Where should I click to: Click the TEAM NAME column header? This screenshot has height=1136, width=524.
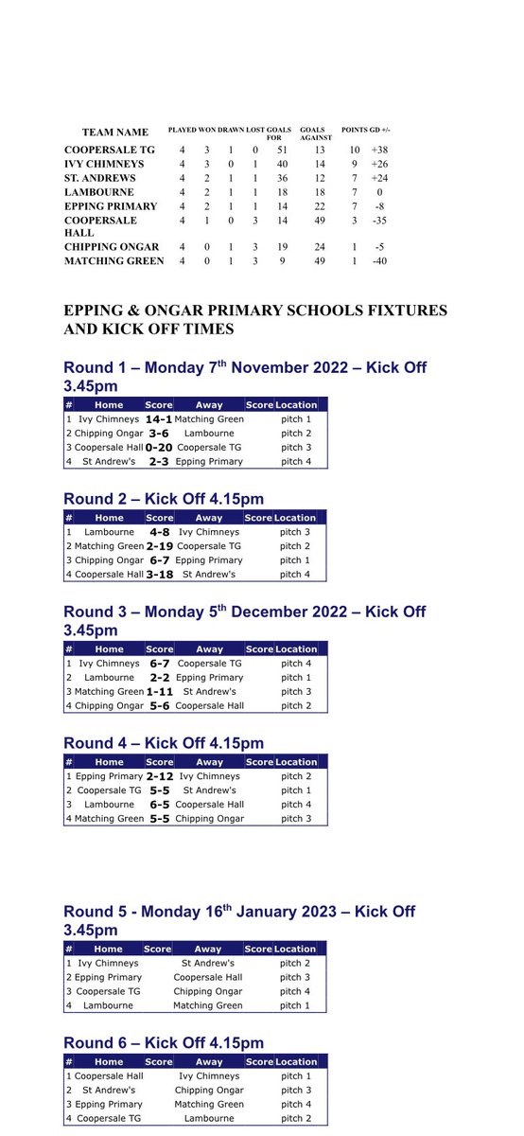115,133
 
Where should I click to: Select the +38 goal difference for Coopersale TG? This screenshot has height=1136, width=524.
380,151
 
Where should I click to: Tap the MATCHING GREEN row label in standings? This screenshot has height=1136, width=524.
114,261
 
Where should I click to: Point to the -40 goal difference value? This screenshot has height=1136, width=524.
380,261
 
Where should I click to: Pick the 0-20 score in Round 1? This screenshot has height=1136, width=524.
159,447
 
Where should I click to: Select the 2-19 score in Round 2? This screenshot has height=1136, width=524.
159,546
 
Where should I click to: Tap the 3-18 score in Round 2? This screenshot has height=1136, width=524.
159,574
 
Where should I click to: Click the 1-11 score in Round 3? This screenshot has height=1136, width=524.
159,691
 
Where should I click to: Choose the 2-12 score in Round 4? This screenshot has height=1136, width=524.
159,776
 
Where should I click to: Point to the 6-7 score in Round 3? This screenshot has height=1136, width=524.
159,664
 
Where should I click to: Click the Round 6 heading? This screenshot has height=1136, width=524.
164,1043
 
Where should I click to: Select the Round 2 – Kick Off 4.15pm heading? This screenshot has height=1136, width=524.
164,499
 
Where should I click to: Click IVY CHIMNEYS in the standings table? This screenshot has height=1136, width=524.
105,164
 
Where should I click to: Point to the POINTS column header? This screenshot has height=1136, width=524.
355,129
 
